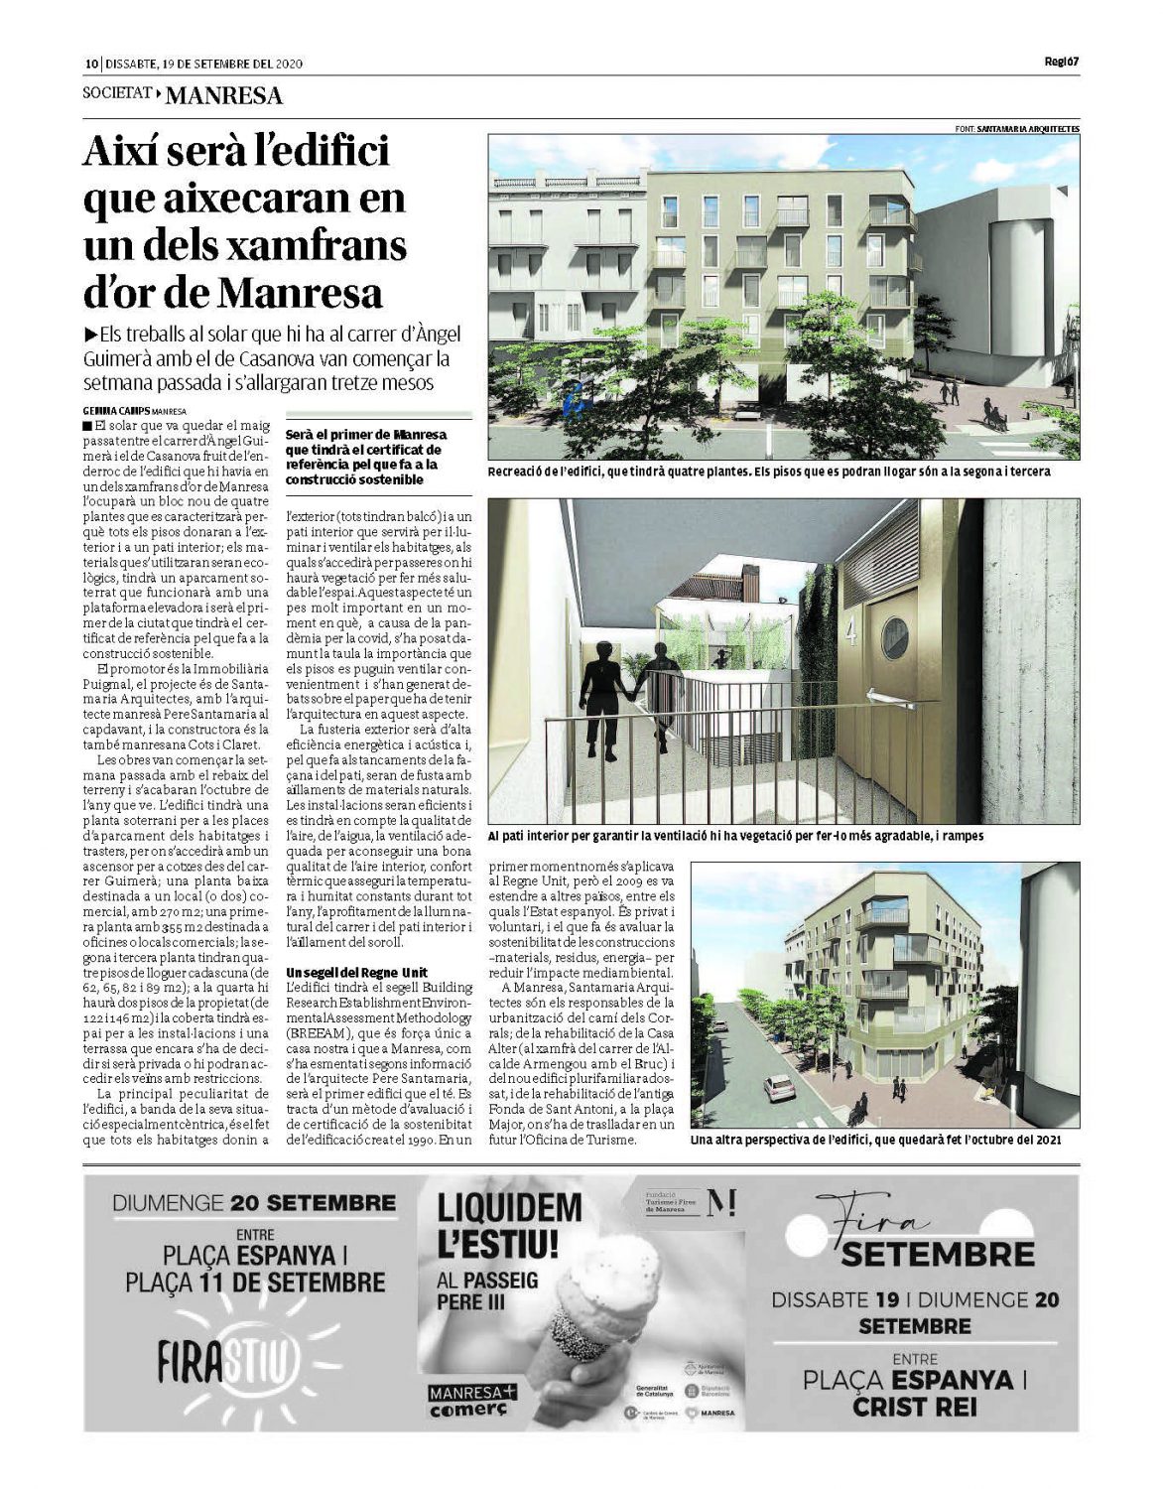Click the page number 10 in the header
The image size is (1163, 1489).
89,64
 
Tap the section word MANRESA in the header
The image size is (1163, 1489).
223,96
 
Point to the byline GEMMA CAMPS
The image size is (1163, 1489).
115,410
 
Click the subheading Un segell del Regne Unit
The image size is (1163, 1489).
357,972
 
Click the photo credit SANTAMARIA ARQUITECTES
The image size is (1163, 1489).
1028,129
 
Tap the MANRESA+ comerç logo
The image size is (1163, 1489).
472,1401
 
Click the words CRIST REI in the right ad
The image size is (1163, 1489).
914,1407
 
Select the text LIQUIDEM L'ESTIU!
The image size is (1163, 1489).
509,1225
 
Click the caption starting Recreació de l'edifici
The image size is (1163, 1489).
769,472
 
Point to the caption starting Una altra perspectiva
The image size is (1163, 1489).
875,1140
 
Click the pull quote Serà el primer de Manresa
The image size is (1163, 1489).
366,457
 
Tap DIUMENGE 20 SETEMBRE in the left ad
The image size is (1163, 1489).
254,1203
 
